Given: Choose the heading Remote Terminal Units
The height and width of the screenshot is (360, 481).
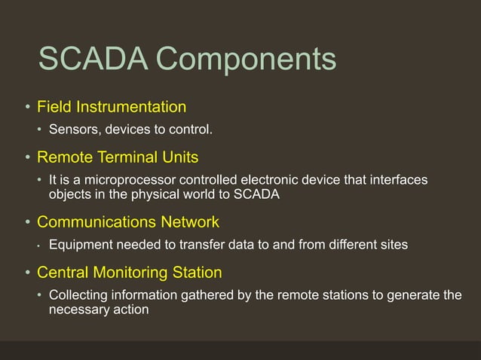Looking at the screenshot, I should click(x=118, y=157).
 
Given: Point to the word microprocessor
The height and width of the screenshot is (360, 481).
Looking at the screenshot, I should click(x=126, y=181).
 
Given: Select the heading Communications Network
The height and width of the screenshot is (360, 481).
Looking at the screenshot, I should click(x=128, y=222).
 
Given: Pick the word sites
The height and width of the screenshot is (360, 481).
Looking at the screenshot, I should click(x=393, y=245).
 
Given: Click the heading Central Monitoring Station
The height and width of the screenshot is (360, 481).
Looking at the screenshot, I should click(x=129, y=271).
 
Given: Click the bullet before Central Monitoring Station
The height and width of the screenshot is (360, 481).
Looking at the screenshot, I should click(x=26, y=272).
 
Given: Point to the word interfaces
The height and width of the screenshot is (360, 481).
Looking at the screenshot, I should click(x=400, y=180).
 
